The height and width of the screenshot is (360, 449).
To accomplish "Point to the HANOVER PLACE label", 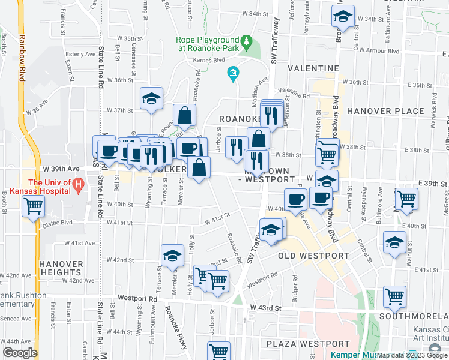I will pyautogui.click(x=394, y=111).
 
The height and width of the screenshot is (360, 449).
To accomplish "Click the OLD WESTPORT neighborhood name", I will pyautogui.click(x=314, y=256).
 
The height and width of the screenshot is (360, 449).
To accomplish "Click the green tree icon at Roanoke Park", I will pyautogui.click(x=246, y=41).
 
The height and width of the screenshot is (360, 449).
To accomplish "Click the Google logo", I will pyautogui.click(x=20, y=353).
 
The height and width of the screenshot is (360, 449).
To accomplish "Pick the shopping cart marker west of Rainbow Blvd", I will pyautogui.click(x=33, y=207).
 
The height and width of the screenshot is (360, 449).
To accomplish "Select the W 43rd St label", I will pyautogui.click(x=269, y=308).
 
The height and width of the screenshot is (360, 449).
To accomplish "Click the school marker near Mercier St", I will pyautogui.click(x=172, y=256).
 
